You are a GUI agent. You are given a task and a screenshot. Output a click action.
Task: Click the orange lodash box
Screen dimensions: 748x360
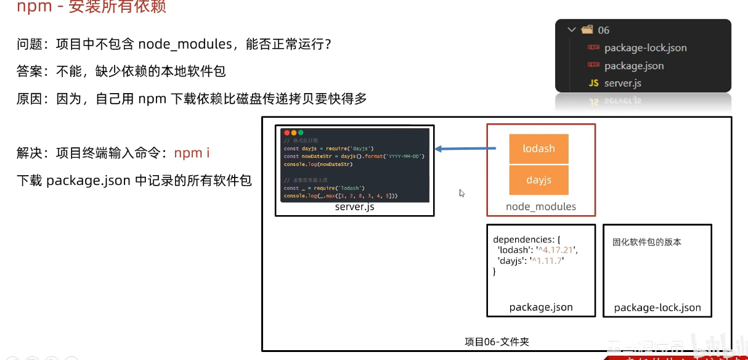(539, 149)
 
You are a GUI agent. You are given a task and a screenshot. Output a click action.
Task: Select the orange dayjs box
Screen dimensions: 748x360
(539, 180)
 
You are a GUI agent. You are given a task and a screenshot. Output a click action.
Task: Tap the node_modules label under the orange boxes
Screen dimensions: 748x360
(541, 207)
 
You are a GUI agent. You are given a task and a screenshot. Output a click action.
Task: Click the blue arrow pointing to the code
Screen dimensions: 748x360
(465, 149)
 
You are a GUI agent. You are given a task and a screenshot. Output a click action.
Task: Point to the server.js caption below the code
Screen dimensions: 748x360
(354, 207)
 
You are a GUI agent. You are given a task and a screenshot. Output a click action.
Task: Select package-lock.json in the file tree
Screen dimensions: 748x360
(645, 48)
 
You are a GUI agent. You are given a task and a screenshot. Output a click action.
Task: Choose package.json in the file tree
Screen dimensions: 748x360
(634, 66)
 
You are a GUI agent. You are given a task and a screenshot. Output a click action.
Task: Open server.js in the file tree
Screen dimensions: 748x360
(623, 83)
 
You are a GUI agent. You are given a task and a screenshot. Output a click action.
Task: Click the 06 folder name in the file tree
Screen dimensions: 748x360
(603, 30)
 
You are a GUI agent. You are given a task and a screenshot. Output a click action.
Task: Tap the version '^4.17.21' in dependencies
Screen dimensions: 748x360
(557, 250)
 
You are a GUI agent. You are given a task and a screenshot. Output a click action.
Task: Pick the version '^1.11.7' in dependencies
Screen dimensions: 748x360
(547, 261)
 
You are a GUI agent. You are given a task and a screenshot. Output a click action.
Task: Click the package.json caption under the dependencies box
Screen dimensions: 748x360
(541, 307)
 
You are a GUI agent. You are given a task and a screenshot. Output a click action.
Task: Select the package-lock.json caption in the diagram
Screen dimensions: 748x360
(657, 308)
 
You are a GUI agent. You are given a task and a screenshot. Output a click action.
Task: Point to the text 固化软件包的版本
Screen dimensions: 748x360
(646, 242)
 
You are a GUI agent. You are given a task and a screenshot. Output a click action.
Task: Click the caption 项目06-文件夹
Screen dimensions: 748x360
(497, 342)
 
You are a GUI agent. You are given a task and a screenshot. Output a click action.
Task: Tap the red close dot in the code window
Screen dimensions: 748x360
(287, 133)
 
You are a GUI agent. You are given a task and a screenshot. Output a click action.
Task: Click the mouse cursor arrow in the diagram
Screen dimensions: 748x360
(461, 193)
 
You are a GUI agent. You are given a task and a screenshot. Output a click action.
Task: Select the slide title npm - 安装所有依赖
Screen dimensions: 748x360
(91, 7)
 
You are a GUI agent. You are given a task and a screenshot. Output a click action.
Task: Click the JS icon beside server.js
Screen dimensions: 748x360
(593, 83)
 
